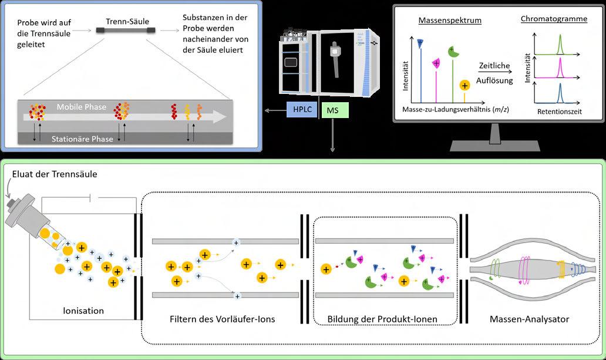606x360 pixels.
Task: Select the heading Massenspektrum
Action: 450,21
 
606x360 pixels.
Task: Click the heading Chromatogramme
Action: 554,19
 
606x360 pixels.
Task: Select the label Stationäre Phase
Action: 83,139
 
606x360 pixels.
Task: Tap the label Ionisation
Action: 83,311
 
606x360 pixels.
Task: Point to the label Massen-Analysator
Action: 529,319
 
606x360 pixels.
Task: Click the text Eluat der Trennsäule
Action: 55,174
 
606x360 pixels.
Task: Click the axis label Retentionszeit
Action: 559,110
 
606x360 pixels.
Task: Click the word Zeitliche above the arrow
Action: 494,66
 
